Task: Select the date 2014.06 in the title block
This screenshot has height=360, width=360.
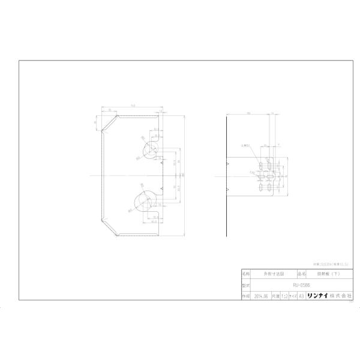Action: click(260, 296)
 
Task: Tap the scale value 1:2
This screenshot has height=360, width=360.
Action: click(284, 296)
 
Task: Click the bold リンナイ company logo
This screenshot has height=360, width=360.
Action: click(317, 296)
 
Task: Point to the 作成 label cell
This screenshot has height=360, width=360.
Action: click(245, 296)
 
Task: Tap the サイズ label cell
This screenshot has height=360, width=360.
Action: click(293, 296)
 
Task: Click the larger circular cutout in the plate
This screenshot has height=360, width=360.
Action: click(142, 202)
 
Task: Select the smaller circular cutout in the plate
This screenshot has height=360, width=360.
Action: click(149, 149)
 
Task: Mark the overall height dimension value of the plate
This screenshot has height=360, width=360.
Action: click(184, 174)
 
